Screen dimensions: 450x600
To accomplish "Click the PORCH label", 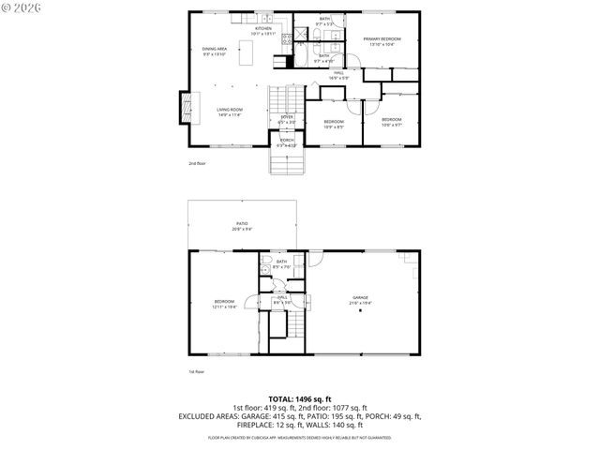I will [x=287, y=142].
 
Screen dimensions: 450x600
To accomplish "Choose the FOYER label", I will [x=287, y=119].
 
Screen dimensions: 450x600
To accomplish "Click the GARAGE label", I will [x=360, y=299].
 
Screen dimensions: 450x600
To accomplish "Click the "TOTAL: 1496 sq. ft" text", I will [x=300, y=399].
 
